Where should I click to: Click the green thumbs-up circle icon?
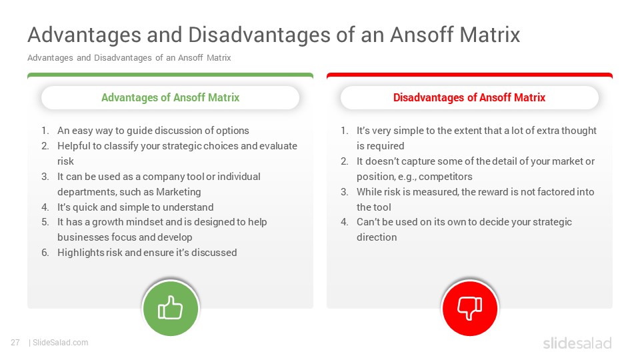(171, 308)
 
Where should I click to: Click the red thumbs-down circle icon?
(470, 308)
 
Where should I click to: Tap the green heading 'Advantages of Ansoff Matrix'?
(170, 97)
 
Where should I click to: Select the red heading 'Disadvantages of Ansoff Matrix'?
(469, 97)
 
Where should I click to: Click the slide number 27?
(15, 343)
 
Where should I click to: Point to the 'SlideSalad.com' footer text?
(61, 343)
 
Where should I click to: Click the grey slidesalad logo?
(577, 343)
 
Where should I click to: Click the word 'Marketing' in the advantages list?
(179, 192)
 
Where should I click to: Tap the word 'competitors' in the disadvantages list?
(445, 177)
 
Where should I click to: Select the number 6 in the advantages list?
(45, 253)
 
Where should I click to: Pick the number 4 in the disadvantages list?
(345, 222)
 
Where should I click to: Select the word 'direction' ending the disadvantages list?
(377, 237)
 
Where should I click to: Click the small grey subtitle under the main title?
(129, 57)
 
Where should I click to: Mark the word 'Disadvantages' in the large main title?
(259, 35)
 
